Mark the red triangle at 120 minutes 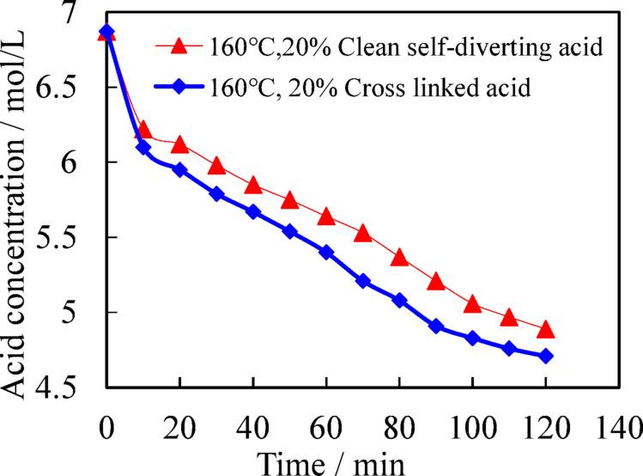(546, 330)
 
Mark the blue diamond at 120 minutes (546, 356)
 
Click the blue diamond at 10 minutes (143, 148)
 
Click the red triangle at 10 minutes (143, 130)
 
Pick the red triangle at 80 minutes (399, 257)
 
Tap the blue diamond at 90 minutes (436, 326)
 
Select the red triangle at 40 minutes (253, 185)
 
